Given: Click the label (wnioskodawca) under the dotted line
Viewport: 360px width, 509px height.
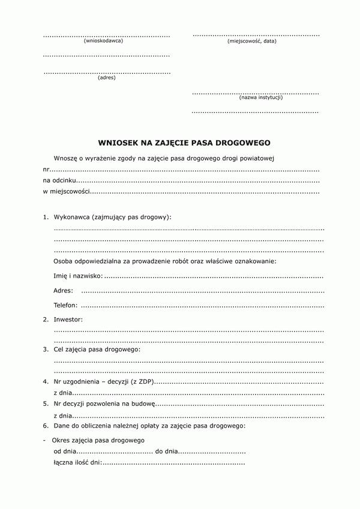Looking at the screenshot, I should tap(107, 41).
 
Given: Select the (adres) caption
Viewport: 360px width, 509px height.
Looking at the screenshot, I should tap(106, 77).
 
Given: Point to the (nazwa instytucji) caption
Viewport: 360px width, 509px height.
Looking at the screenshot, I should tap(260, 97).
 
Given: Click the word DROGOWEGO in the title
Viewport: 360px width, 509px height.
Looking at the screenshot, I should tap(245, 143).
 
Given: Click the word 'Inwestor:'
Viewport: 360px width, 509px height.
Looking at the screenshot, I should tap(68, 320).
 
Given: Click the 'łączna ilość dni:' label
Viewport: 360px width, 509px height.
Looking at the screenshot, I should tap(77, 462).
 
